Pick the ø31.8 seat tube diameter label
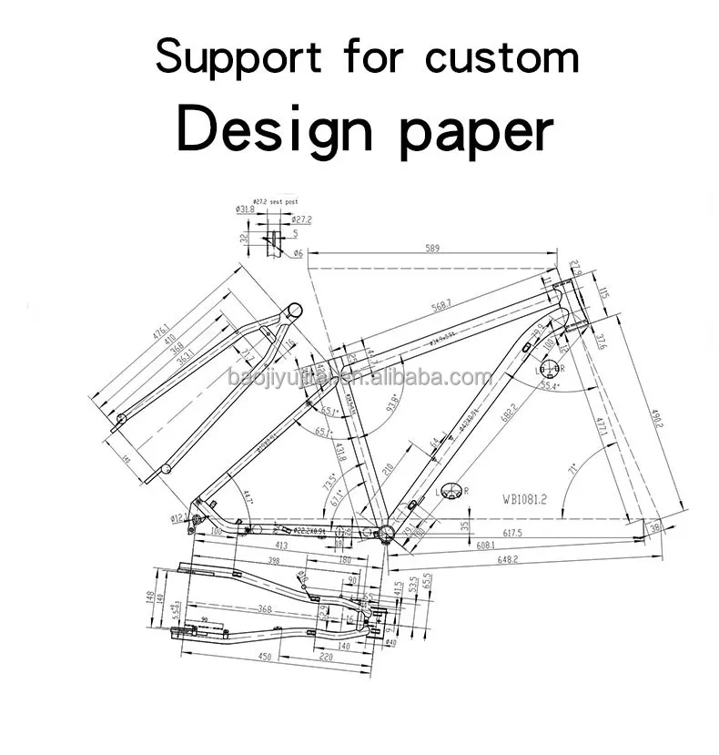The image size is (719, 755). (244, 210)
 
